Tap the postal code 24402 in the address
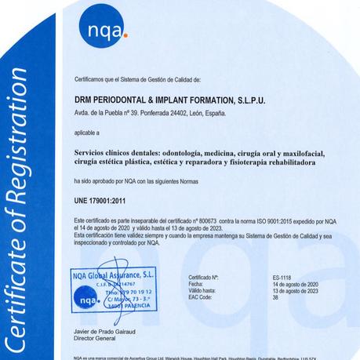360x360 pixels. point(187,115)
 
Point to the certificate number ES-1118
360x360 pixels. point(281,277)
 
